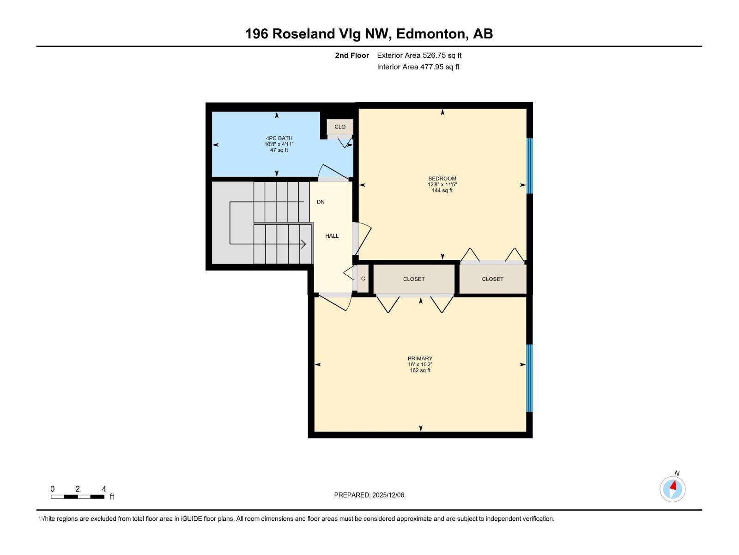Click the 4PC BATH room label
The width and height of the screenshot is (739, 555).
coord(279,138)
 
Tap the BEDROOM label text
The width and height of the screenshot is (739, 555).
coord(442,179)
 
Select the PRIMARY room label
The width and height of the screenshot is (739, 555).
coord(420,358)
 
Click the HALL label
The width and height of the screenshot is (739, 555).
coord(332,236)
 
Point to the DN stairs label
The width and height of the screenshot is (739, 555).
coord(321,202)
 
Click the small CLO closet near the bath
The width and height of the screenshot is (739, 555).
coord(340,127)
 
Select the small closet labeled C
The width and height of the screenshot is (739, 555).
coord(363,279)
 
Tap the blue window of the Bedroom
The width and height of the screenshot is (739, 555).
coord(530,166)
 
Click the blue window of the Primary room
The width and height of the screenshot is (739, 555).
coord(530,378)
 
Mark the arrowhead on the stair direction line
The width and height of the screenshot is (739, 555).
coord(303,244)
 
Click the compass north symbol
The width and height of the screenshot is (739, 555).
coord(672,489)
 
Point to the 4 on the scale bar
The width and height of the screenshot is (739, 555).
coord(104,489)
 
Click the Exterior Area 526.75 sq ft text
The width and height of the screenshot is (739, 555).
coord(419,55)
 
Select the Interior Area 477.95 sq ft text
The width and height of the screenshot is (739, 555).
coord(418,67)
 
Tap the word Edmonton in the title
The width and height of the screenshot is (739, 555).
coord(430,34)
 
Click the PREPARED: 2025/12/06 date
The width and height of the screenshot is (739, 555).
coord(369,495)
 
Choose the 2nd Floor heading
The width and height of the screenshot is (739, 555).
coord(352,55)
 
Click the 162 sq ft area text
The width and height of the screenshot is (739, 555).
coord(420,370)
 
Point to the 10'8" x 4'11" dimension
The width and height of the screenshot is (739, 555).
coord(279,144)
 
